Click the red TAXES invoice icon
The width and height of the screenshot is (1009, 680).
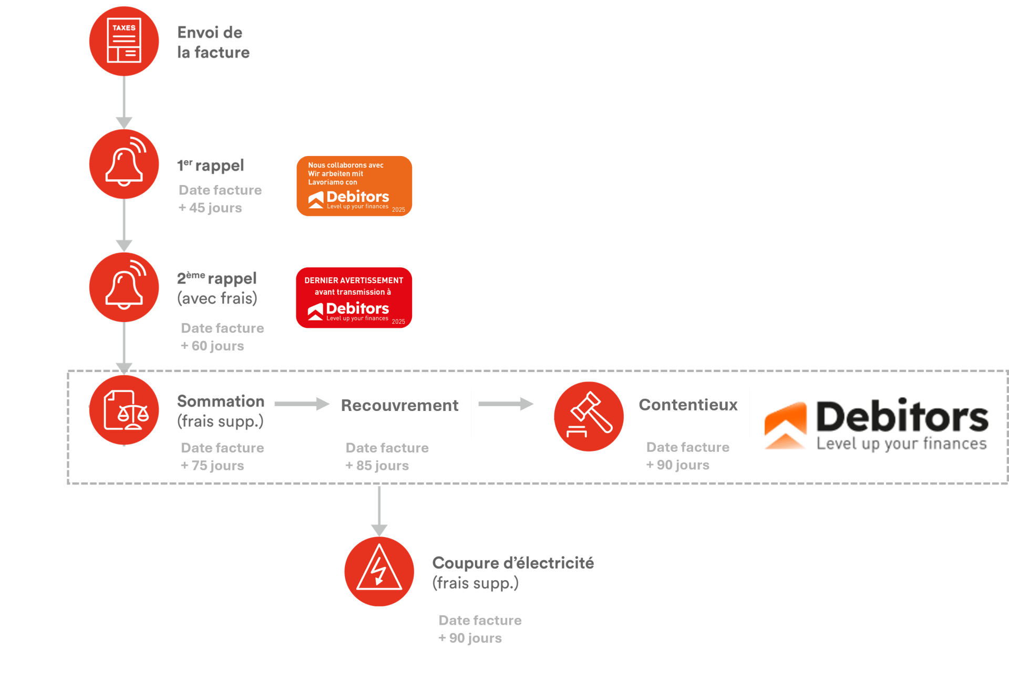pyautogui.click(x=124, y=41)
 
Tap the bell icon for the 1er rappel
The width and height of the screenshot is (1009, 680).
pyautogui.click(x=124, y=164)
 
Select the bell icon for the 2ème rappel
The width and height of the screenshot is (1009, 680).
pyautogui.click(x=124, y=287)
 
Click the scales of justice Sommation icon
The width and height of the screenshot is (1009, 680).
pyautogui.click(x=124, y=410)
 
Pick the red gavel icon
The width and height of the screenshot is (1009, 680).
pyautogui.click(x=589, y=416)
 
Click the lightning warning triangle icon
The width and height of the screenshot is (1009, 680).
pyautogui.click(x=379, y=571)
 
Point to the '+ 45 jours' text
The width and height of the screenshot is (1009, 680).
pyautogui.click(x=210, y=208)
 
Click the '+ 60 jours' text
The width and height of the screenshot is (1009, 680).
pyautogui.click(x=212, y=346)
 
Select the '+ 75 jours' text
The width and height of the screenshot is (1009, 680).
pyautogui.click(x=212, y=466)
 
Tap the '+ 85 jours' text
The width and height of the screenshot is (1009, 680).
pyautogui.click(x=377, y=466)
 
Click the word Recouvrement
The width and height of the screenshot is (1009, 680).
pyautogui.click(x=399, y=406)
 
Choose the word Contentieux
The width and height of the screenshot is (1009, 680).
pyautogui.click(x=688, y=405)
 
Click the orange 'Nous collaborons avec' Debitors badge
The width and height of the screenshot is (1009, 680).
pyautogui.click(x=354, y=186)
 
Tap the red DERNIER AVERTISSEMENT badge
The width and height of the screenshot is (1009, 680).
pyautogui.click(x=354, y=298)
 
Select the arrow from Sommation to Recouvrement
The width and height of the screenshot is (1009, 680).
pyautogui.click(x=302, y=404)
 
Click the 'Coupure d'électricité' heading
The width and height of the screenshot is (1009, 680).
pyautogui.click(x=513, y=563)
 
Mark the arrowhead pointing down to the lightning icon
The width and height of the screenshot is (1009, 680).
pyautogui.click(x=379, y=530)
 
